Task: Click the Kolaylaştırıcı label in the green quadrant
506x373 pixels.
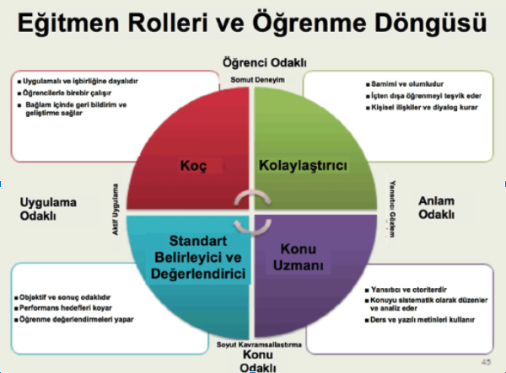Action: coord(303,165)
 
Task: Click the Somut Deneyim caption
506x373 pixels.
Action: coord(254,79)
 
